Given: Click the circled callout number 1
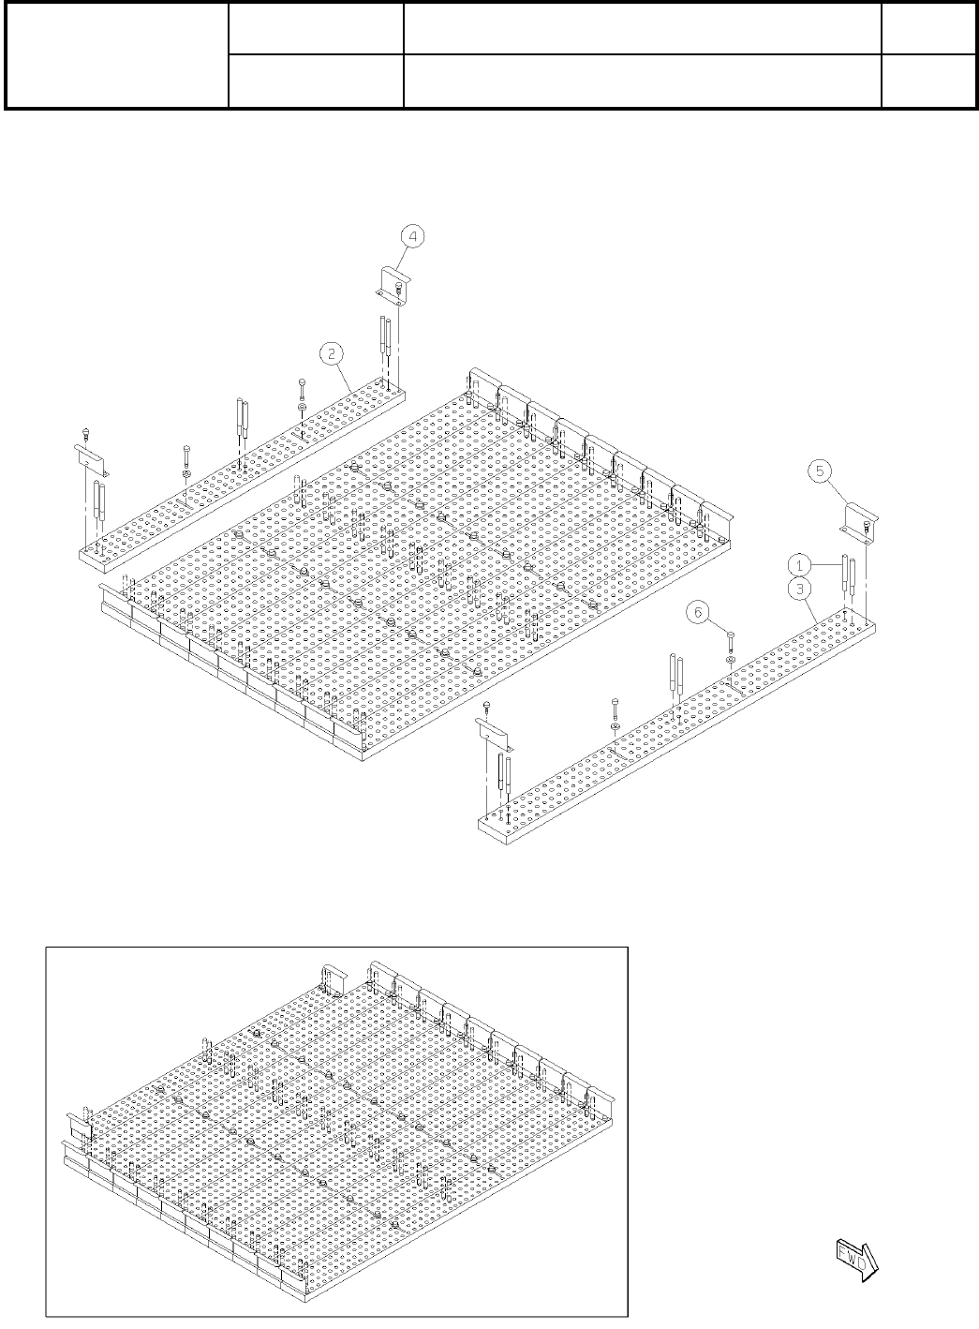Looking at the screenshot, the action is [x=799, y=564].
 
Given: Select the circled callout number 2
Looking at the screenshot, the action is [x=332, y=352].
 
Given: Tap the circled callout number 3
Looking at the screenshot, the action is [x=799, y=588].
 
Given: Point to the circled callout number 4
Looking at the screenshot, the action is [x=413, y=236].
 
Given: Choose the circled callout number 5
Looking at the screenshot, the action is [x=822, y=472].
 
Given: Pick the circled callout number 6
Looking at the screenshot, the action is [x=697, y=611].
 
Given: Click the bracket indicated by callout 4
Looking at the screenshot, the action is [x=394, y=281].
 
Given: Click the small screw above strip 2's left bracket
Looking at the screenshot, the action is [x=85, y=434].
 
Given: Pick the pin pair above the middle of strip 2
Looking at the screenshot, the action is [x=242, y=426].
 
